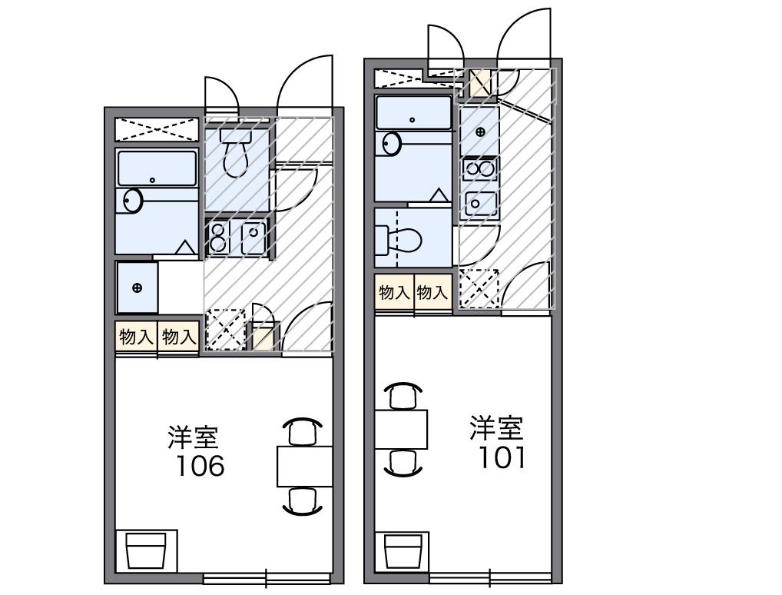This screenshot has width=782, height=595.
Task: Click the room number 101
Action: (502, 457)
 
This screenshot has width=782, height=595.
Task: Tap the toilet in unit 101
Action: (407, 241)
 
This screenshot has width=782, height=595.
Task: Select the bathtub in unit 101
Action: (414, 112)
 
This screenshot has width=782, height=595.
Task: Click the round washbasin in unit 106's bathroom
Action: (133, 201)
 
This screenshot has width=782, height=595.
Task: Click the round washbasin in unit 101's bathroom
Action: (392, 144)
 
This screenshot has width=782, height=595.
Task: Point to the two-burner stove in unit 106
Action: (218, 237)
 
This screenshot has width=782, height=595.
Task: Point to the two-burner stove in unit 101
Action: (479, 169)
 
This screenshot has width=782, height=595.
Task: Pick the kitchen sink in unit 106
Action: (253, 237)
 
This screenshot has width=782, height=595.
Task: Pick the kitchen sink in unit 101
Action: (479, 203)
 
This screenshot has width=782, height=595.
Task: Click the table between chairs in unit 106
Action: (304, 466)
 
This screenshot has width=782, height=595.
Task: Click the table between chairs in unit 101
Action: (401, 430)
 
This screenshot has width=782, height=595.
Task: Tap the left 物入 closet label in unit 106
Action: (136, 337)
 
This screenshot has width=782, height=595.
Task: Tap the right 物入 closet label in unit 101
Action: (432, 292)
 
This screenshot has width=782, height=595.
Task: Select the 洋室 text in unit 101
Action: (496, 427)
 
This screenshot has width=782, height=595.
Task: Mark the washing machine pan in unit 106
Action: (137, 288)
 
